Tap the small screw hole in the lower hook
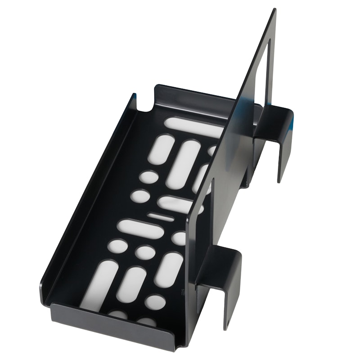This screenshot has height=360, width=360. [227, 322]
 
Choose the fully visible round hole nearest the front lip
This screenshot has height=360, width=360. [155, 302]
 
